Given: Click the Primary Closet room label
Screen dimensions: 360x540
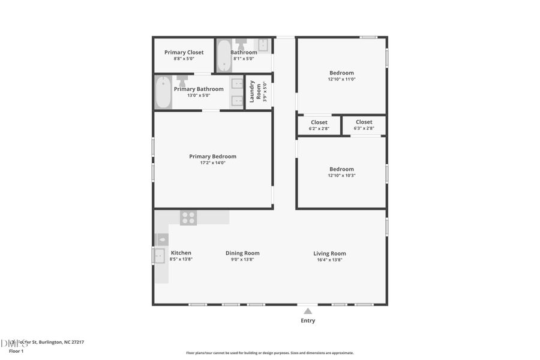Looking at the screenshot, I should pos(184,52).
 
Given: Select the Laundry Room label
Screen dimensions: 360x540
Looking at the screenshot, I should pos(255,91).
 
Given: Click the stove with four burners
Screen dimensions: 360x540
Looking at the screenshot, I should pos(188,218).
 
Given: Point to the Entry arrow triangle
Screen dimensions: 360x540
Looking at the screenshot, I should pos(308,311).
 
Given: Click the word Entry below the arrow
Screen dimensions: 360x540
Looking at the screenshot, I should pos(308,320).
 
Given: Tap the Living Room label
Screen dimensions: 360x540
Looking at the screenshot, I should pos(329,253).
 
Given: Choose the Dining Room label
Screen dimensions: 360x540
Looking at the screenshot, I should pos(242,253).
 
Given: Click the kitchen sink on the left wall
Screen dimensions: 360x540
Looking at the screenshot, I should pos(160,256).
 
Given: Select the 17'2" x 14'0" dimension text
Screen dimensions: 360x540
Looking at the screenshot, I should pos(213,163).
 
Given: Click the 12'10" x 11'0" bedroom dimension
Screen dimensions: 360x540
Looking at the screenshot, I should pos(341,79).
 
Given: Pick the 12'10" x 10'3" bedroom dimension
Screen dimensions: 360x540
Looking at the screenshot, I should pos(341,175).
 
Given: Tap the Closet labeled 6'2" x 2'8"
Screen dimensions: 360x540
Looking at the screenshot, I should pos(319,122).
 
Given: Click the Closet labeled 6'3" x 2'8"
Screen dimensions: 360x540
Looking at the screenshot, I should pos(364,122).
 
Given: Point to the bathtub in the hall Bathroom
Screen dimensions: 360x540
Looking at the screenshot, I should pos(224,55).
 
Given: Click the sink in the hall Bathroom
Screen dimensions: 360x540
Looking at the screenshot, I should pos(263,45).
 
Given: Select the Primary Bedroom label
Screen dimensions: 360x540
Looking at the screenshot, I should pos(213,157).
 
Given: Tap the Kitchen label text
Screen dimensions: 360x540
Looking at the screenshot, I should pos(181,253).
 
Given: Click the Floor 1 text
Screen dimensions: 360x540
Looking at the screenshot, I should pos(16,351).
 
